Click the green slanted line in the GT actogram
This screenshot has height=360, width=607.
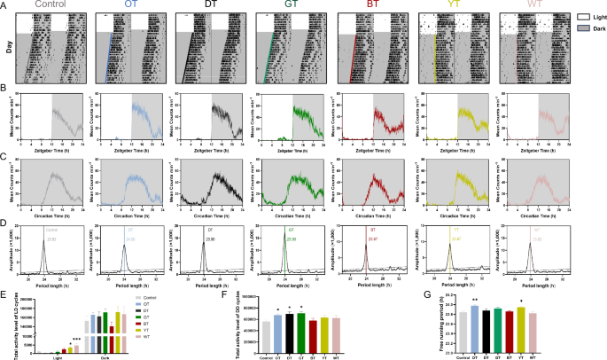[267, 53]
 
